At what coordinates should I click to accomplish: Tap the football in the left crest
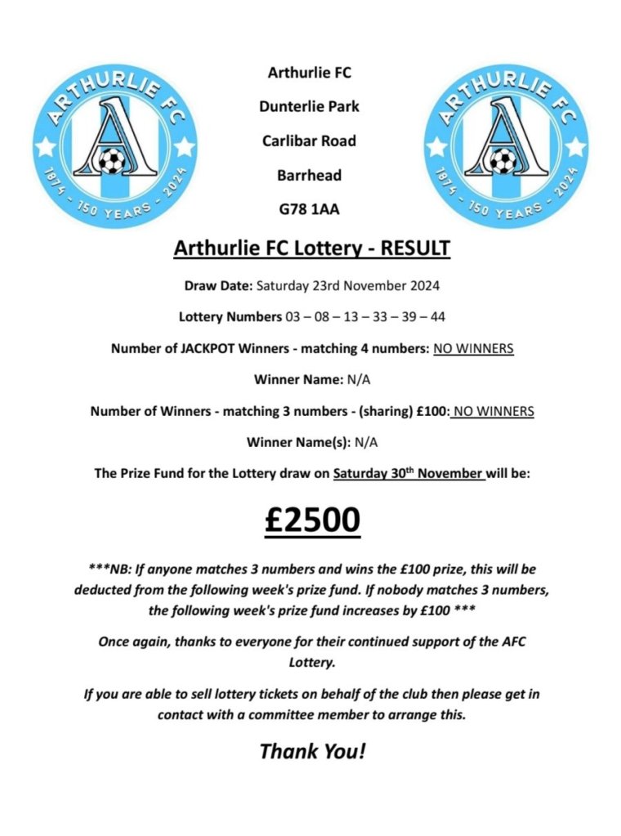109,161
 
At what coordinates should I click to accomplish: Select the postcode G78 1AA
309,209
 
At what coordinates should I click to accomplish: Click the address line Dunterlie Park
309,106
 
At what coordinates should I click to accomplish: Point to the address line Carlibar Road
309,141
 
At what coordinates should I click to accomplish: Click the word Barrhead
309,175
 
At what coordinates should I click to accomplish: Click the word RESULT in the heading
413,248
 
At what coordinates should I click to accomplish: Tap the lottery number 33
379,317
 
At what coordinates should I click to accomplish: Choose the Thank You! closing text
312,750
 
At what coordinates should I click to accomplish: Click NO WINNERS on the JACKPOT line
474,348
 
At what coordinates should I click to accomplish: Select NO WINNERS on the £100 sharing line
493,411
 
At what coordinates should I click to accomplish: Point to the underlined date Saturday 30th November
409,473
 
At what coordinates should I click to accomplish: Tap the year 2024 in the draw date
422,286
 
